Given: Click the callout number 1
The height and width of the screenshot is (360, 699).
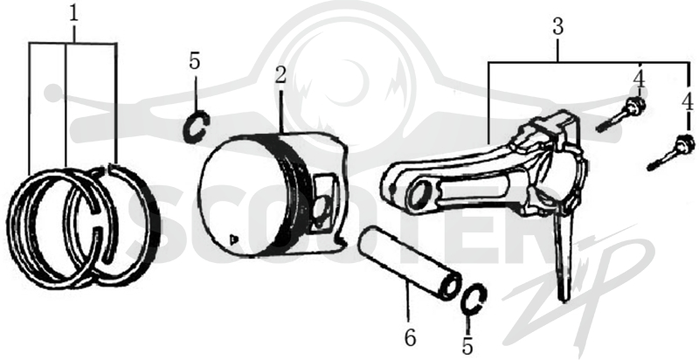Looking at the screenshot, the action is pos(73,14).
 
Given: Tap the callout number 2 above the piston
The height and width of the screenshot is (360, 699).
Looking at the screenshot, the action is pos(280,76).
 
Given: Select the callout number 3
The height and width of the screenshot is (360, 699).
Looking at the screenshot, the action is pos(558,27).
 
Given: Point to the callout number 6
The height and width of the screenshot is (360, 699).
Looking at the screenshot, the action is pos(410,338).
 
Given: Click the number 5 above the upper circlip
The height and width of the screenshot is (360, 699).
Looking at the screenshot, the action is pos(194,61).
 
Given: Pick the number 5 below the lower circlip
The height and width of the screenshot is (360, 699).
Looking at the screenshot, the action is pos(467,346).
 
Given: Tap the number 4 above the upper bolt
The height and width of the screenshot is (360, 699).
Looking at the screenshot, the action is pos(639,80).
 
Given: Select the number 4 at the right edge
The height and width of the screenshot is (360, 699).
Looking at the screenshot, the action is pos(688,103).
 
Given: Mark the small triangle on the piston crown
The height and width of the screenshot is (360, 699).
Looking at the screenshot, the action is pos(232,240).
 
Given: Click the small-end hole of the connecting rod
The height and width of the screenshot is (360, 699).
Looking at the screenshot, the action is pos(418,195).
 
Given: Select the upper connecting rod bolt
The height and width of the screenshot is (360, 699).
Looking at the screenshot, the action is pos(621,115).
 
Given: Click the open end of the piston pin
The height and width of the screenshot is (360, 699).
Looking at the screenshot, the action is pos(450,287).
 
